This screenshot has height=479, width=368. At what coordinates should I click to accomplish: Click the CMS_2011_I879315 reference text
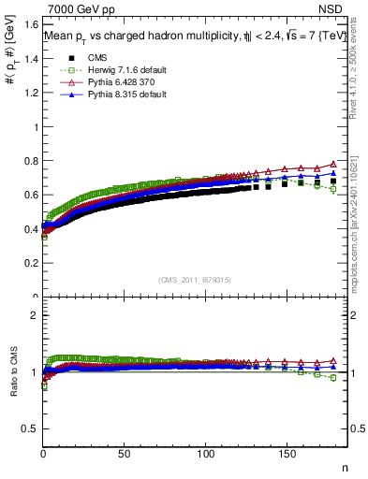(194, 279)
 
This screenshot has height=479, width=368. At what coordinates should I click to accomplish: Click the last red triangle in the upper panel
(333, 164)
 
